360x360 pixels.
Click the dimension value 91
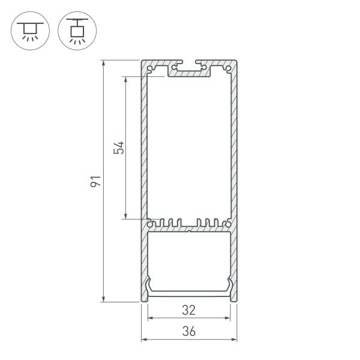[94, 181]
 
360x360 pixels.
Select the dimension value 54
[119, 148]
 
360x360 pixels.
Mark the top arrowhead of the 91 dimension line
[104, 63]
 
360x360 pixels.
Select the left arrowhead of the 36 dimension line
[144, 339]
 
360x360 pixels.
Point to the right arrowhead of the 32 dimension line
[229, 318]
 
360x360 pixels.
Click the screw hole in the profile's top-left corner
[149, 69]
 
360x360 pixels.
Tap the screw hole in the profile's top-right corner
[229, 69]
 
